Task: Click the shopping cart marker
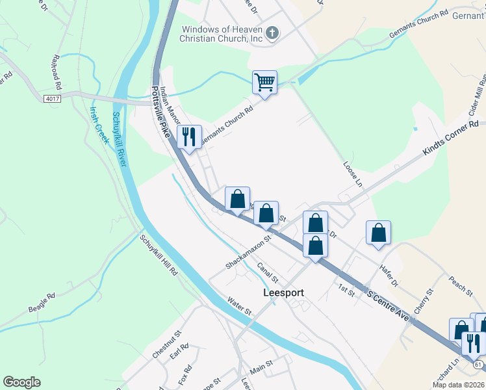click(x=264, y=83)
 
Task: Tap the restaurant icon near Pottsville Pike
click(x=189, y=137)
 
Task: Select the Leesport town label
click(x=284, y=293)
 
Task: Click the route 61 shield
click(x=478, y=365)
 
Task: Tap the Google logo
click(x=22, y=382)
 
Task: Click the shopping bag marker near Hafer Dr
click(x=378, y=233)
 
